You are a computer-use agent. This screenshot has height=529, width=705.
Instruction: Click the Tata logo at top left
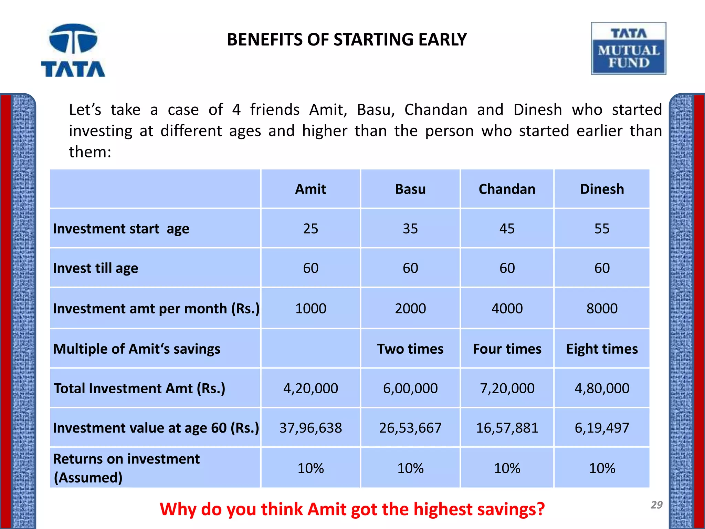(73, 50)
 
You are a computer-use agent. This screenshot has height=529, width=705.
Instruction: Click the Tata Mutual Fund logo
(629, 49)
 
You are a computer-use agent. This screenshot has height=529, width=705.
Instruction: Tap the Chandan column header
(507, 189)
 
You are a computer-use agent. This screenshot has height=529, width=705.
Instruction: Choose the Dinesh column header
(602, 189)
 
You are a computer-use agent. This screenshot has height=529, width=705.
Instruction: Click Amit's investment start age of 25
(311, 229)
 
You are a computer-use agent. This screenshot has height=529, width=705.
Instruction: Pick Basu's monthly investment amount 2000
(410, 309)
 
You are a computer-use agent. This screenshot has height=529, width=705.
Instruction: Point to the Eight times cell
(602, 349)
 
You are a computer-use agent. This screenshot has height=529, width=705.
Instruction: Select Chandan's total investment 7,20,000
(507, 388)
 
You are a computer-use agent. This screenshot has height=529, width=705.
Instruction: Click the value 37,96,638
(311, 428)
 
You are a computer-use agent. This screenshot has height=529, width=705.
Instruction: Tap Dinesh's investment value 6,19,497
(602, 428)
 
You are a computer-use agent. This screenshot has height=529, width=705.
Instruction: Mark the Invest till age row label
(95, 268)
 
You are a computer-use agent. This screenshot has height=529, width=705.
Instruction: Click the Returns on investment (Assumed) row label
(126, 468)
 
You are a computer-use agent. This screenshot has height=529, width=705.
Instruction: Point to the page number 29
(656, 505)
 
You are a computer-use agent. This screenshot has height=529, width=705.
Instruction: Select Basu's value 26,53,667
(410, 428)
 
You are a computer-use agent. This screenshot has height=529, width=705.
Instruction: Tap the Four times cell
(507, 349)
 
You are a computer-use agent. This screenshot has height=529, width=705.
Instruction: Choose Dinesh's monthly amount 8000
(602, 309)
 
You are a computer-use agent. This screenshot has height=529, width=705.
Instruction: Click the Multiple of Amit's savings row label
(136, 349)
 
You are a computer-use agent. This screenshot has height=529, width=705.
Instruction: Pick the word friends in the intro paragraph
(275, 110)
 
